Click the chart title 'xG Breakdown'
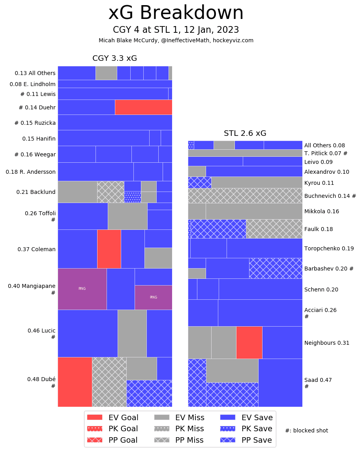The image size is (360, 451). tap(176, 13)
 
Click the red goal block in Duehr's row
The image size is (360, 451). tap(143, 107)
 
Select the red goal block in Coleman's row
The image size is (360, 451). tap(109, 249)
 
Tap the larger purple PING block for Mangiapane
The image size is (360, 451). tap(82, 289)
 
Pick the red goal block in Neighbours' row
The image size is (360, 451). tap(249, 342)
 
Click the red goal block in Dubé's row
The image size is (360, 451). tap(75, 382)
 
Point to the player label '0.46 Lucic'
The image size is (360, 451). tap(41, 331)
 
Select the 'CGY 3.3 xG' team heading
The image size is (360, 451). tap(114, 58)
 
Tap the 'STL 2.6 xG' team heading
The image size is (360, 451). tap(245, 133)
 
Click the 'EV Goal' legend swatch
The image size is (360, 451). tap(94, 417)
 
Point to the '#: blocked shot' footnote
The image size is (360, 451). tap(306, 430)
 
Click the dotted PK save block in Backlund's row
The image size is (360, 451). tap(133, 197)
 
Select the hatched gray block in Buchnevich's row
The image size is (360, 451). tap(245, 195)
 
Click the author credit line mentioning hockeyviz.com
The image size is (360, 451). tap(176, 40)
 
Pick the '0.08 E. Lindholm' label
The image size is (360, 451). tap(33, 84)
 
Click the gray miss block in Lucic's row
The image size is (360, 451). tap(132, 333)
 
